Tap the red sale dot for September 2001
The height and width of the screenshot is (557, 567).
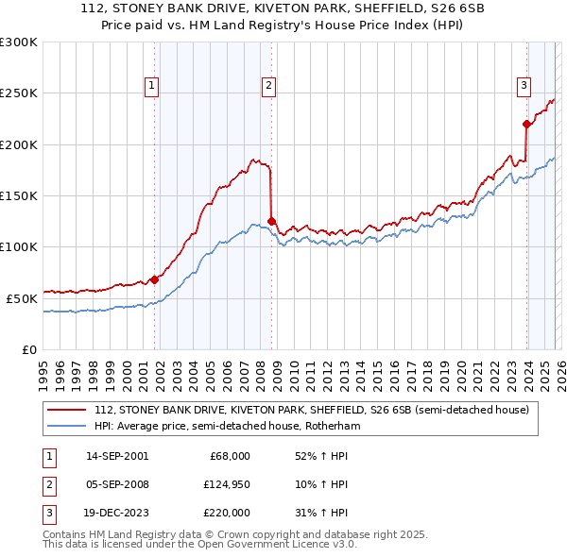[154, 279]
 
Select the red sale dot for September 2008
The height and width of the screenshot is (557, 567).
[271, 222]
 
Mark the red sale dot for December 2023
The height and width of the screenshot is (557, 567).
[526, 124]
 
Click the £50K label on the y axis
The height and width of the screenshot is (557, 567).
[23, 298]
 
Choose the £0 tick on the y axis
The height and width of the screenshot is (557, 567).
[28, 349]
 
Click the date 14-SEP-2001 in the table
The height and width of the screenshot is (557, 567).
[116, 456]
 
